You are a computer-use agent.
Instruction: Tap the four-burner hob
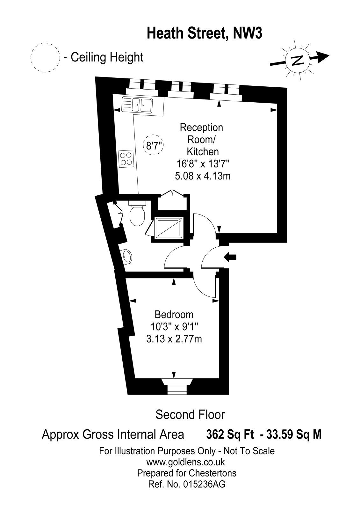click(126, 158)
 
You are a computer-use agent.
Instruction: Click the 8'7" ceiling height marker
click(154, 146)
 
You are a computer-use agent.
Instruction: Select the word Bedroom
click(174, 315)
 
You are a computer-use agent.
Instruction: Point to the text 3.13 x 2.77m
click(174, 339)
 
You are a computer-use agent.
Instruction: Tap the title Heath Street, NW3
click(204, 33)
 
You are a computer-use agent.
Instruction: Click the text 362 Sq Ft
click(230, 434)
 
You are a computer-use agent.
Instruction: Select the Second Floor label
click(190, 415)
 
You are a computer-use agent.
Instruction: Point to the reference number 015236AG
click(204, 484)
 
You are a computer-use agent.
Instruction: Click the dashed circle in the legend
click(46, 57)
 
